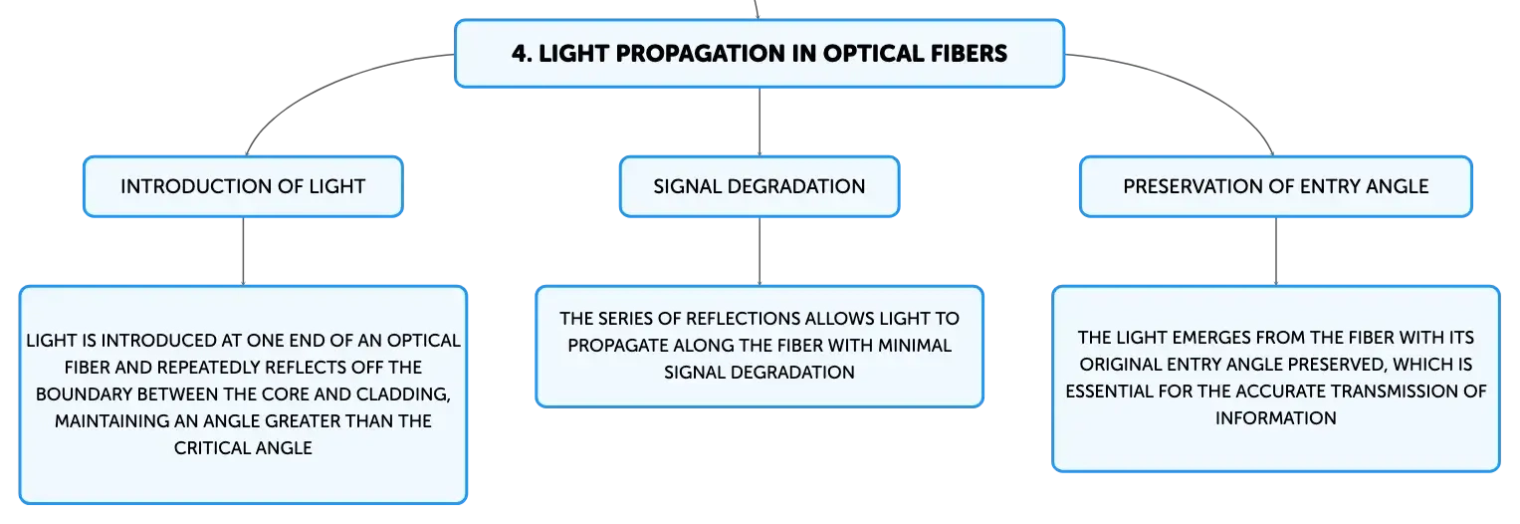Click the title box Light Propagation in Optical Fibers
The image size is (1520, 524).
click(x=760, y=54)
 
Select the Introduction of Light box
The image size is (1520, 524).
click(x=243, y=186)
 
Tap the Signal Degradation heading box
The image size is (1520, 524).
click(x=760, y=186)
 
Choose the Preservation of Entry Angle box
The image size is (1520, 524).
click(x=1276, y=186)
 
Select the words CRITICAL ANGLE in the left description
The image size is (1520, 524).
click(x=243, y=448)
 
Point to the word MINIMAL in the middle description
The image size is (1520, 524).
click(x=915, y=346)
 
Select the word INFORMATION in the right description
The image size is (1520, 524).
click(x=1276, y=418)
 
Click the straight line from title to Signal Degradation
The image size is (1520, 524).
click(x=760, y=122)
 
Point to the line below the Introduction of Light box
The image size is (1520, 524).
click(x=243, y=251)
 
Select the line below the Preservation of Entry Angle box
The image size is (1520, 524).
click(x=1276, y=251)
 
